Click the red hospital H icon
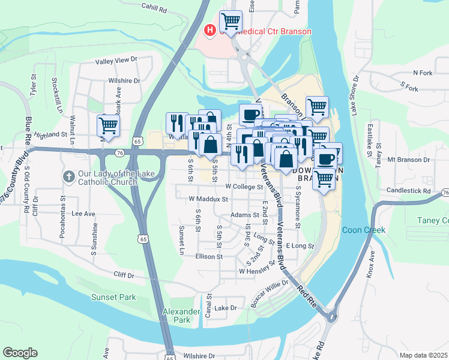point(210,29)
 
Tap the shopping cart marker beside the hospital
point(231,22)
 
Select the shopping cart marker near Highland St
point(109,126)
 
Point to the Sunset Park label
point(113,297)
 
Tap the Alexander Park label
point(181,316)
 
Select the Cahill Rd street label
point(154,8)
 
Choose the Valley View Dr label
point(116,61)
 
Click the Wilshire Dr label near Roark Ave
point(124,80)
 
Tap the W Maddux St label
point(208,199)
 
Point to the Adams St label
point(244,215)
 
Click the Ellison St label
point(209,256)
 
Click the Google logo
point(20,353)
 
